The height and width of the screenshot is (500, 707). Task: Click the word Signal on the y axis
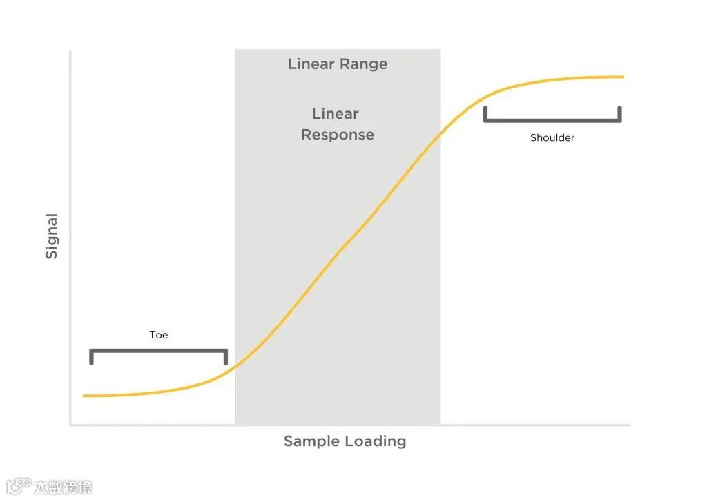pos(52,236)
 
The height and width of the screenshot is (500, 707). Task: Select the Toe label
pos(158,335)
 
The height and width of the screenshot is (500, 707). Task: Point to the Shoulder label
pos(552,137)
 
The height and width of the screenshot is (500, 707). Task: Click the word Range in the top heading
pos(364,64)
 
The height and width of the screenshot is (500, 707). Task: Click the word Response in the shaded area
pos(337,135)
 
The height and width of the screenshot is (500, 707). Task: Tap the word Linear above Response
pos(336,114)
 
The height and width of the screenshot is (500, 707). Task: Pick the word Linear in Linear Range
pos(311,64)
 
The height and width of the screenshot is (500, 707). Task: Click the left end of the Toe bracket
pos(91,357)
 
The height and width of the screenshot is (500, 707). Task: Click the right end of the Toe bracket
pos(226,357)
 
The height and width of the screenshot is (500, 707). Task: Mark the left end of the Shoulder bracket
pos(485,114)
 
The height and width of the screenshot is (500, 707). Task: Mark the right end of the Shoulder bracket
pos(619,114)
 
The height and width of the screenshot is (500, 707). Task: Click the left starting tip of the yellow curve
pos(84,396)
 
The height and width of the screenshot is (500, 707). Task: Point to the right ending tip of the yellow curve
pos(623,77)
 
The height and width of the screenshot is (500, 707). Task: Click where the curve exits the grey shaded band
pos(440,131)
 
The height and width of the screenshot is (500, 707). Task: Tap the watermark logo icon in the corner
pos(19,486)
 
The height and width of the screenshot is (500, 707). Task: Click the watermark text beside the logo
pos(63,488)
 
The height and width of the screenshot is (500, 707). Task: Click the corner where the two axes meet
pos(70,425)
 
